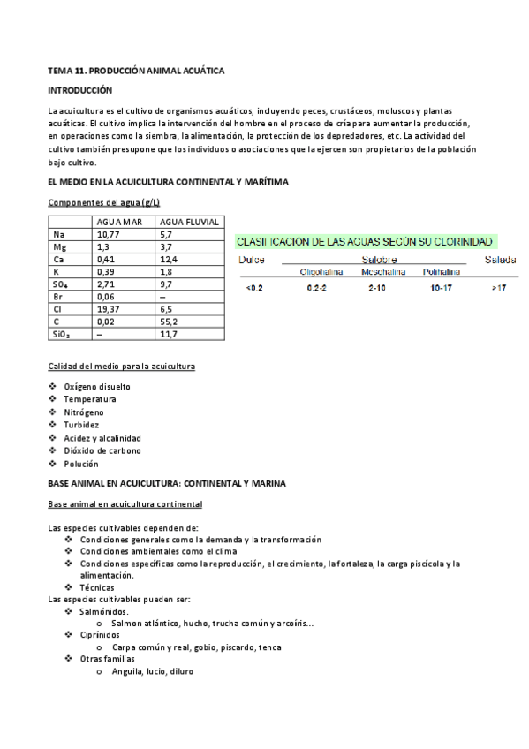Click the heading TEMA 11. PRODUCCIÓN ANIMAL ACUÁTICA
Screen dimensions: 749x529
click(x=137, y=69)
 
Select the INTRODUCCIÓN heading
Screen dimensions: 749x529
click(x=80, y=90)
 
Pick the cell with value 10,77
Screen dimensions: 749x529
click(x=109, y=234)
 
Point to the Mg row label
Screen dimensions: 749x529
click(x=59, y=247)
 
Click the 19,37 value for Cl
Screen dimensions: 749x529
click(x=109, y=310)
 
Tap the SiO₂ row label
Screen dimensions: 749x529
click(x=63, y=335)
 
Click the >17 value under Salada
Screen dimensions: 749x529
click(x=499, y=288)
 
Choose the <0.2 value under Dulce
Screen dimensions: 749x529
click(x=253, y=288)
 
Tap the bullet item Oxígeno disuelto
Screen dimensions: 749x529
click(x=96, y=386)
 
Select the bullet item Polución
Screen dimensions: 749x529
click(x=80, y=464)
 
